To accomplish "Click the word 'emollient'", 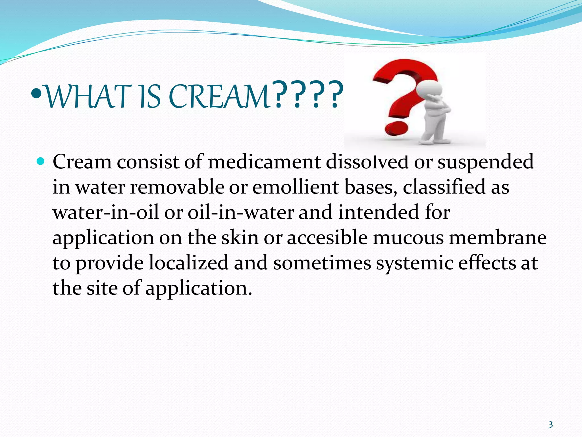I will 296,187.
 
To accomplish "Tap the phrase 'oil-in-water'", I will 240,213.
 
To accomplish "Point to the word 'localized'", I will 189,263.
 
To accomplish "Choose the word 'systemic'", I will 415,263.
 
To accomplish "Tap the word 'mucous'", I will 408,238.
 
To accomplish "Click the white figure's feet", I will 436,141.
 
